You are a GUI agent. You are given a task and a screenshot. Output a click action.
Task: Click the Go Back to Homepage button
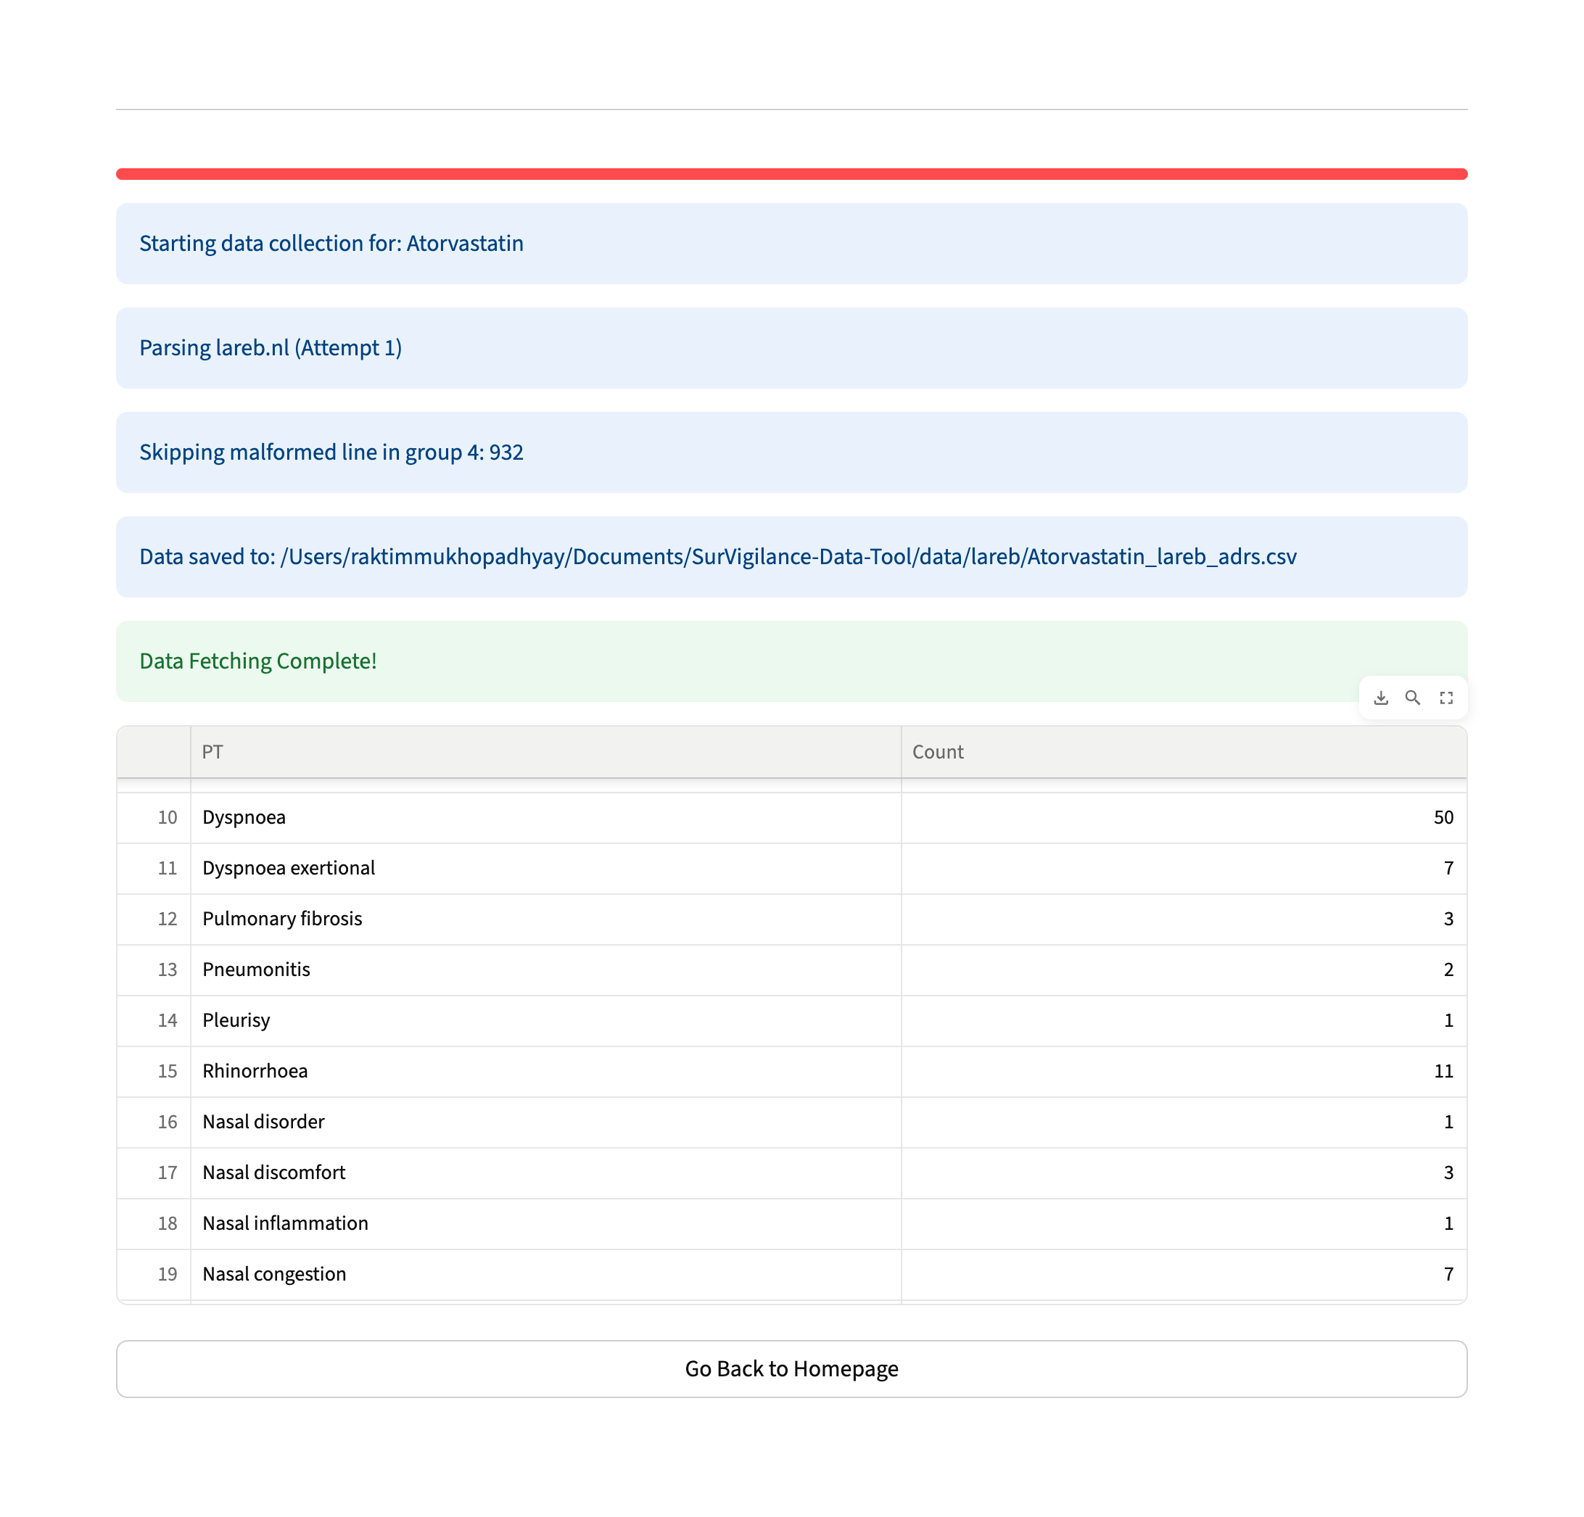point(791,1368)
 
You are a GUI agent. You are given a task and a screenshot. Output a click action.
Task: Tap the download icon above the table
point(1381,698)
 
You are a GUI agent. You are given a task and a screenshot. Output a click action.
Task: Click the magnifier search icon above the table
point(1413,698)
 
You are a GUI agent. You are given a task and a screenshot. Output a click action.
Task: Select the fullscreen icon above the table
point(1445,698)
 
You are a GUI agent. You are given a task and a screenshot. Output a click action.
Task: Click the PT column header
point(213,752)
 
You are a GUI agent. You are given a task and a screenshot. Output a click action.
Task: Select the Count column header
point(938,752)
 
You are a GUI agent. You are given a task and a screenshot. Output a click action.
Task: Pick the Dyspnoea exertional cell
point(289,868)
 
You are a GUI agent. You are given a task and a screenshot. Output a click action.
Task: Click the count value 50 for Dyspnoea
point(1443,817)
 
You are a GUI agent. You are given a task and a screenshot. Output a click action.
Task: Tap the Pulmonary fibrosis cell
point(282,919)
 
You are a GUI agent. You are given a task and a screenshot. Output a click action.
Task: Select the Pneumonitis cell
point(256,970)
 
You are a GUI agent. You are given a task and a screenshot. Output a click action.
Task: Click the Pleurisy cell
point(236,1020)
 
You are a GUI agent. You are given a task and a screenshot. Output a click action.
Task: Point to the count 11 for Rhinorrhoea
point(1443,1071)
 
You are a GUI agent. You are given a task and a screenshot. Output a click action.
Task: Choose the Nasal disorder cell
point(263,1122)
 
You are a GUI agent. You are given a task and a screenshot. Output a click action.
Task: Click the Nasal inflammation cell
point(285,1223)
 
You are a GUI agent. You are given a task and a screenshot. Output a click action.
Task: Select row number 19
point(168,1275)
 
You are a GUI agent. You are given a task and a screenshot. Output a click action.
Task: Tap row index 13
point(168,970)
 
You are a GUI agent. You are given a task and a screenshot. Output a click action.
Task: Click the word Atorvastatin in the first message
point(465,243)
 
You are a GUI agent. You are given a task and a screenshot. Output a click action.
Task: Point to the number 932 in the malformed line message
point(506,452)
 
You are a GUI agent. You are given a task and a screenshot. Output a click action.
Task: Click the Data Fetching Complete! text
point(257,661)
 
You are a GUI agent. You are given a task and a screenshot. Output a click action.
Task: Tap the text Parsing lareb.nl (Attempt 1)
point(271,347)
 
